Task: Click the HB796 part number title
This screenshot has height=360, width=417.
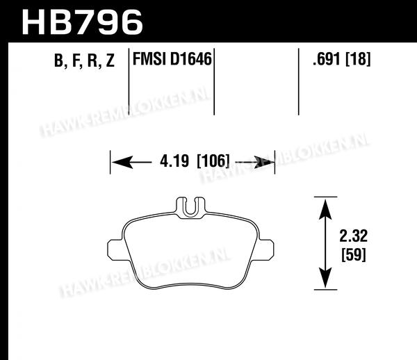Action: tap(83, 22)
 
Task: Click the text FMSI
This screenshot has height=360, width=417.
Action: tap(149, 59)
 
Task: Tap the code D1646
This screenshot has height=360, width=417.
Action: tap(190, 59)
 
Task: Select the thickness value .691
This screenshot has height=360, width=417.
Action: tap(327, 59)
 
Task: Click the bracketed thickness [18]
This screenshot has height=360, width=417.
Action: tap(358, 59)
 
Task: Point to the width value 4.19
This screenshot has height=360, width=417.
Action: tap(174, 161)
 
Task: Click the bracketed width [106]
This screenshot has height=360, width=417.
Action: tap(213, 161)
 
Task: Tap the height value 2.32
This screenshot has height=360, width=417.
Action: tap(354, 236)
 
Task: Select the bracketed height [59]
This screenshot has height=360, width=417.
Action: tap(354, 255)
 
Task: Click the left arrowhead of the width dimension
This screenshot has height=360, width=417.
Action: tap(122, 162)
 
